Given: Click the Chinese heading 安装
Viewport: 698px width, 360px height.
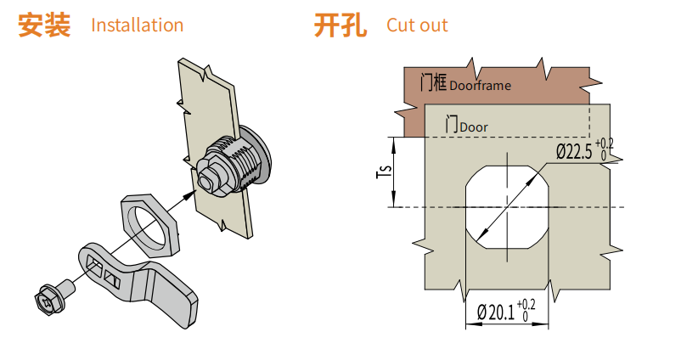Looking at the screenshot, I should pos(44,25).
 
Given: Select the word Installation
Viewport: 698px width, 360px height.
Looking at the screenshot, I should pos(137,25).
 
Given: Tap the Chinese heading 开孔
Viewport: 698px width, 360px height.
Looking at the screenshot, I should pos(340,25).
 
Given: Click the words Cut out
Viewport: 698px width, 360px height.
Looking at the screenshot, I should pos(417,25).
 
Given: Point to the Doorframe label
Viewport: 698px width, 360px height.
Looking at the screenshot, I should pos(480,85).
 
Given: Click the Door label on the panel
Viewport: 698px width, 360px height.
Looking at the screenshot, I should pos(474,127).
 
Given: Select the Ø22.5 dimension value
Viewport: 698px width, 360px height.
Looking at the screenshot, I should pos(574,151).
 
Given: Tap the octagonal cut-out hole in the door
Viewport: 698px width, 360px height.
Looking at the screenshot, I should pos(505,206).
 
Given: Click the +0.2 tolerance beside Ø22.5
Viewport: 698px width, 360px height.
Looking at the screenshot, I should pos(604,143).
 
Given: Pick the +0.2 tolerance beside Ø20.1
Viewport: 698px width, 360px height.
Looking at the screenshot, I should pos(526,304).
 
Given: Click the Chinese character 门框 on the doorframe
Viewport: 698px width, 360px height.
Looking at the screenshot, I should pos(433,82).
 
